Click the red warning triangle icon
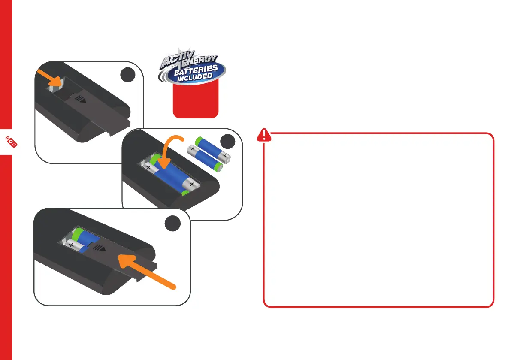(263, 136)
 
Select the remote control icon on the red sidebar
(12, 142)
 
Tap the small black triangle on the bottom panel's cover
(103, 250)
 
